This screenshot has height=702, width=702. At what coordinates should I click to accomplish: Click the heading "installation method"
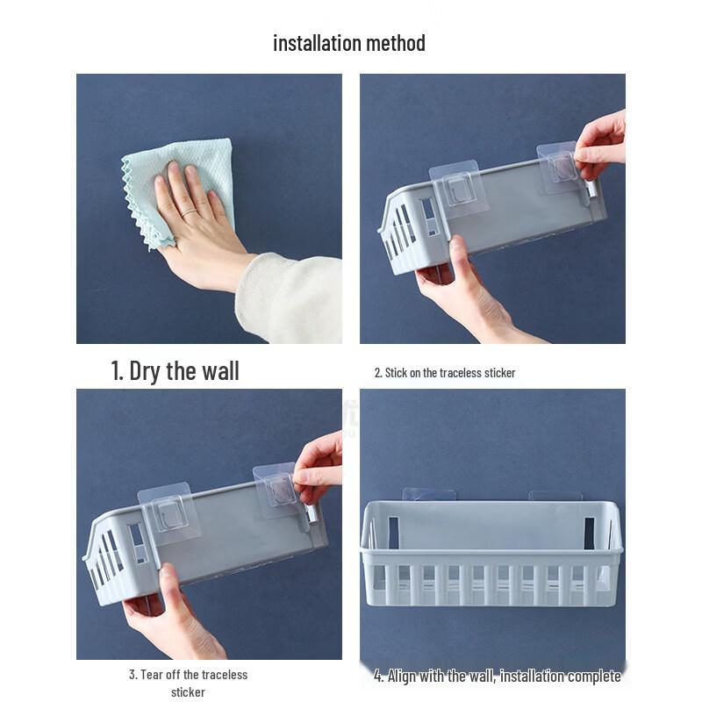pyautogui.click(x=349, y=43)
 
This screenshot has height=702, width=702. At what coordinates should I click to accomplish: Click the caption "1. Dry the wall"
pyautogui.click(x=175, y=370)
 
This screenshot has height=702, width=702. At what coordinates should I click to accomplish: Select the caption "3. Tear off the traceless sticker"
pyautogui.click(x=188, y=683)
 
